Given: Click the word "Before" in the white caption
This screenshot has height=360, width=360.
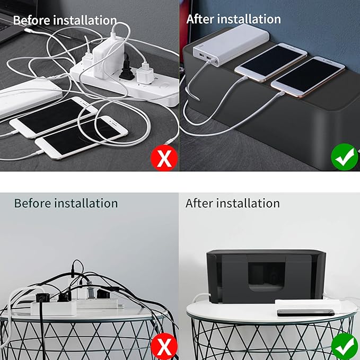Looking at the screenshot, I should (x=31, y=21).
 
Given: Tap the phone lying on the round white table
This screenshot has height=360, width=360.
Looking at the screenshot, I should (x=305, y=312).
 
